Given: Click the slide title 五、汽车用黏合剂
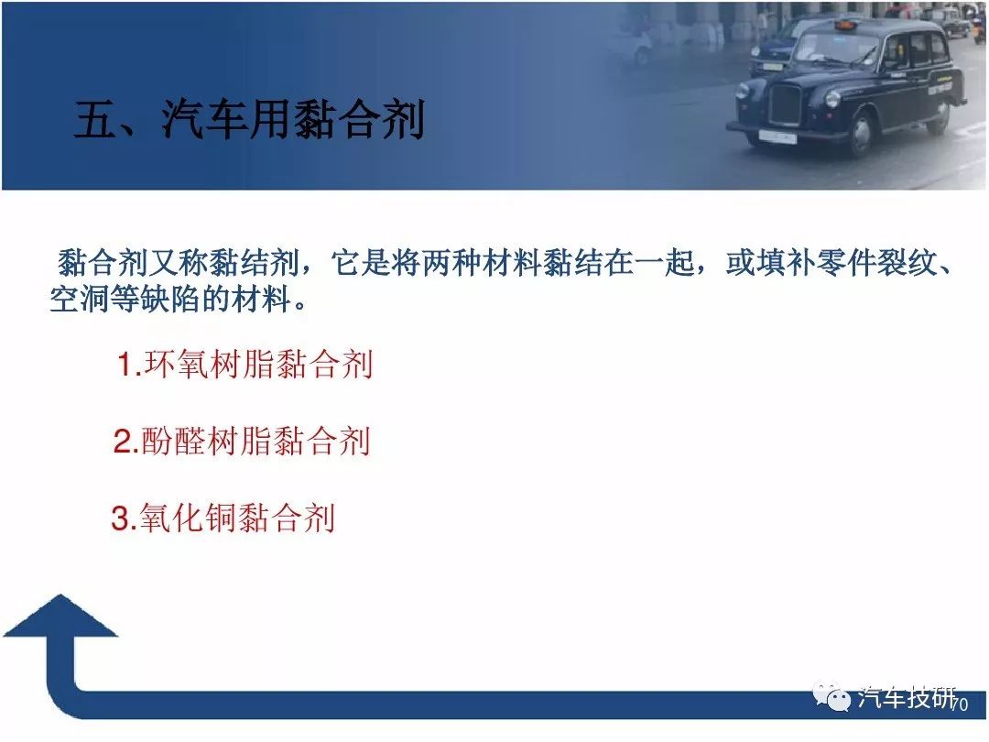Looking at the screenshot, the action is pyautogui.click(x=249, y=118).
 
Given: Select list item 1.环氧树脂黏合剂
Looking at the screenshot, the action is pyautogui.click(x=245, y=364).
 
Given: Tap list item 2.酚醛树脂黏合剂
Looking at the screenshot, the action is pyautogui.click(x=242, y=441).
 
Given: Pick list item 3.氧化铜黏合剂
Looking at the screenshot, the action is pyautogui.click(x=223, y=518).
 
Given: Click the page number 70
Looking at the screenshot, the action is pyautogui.click(x=960, y=704).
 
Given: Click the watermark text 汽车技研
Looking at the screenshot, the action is pyautogui.click(x=906, y=698).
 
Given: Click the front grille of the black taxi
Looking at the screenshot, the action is pyautogui.click(x=785, y=104).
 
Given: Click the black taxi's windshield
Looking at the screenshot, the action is pyautogui.click(x=837, y=49).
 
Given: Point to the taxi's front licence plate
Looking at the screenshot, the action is pyautogui.click(x=777, y=136).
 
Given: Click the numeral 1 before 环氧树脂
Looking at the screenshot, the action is pyautogui.click(x=125, y=365).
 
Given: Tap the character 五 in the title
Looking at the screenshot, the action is pyautogui.click(x=94, y=119).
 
